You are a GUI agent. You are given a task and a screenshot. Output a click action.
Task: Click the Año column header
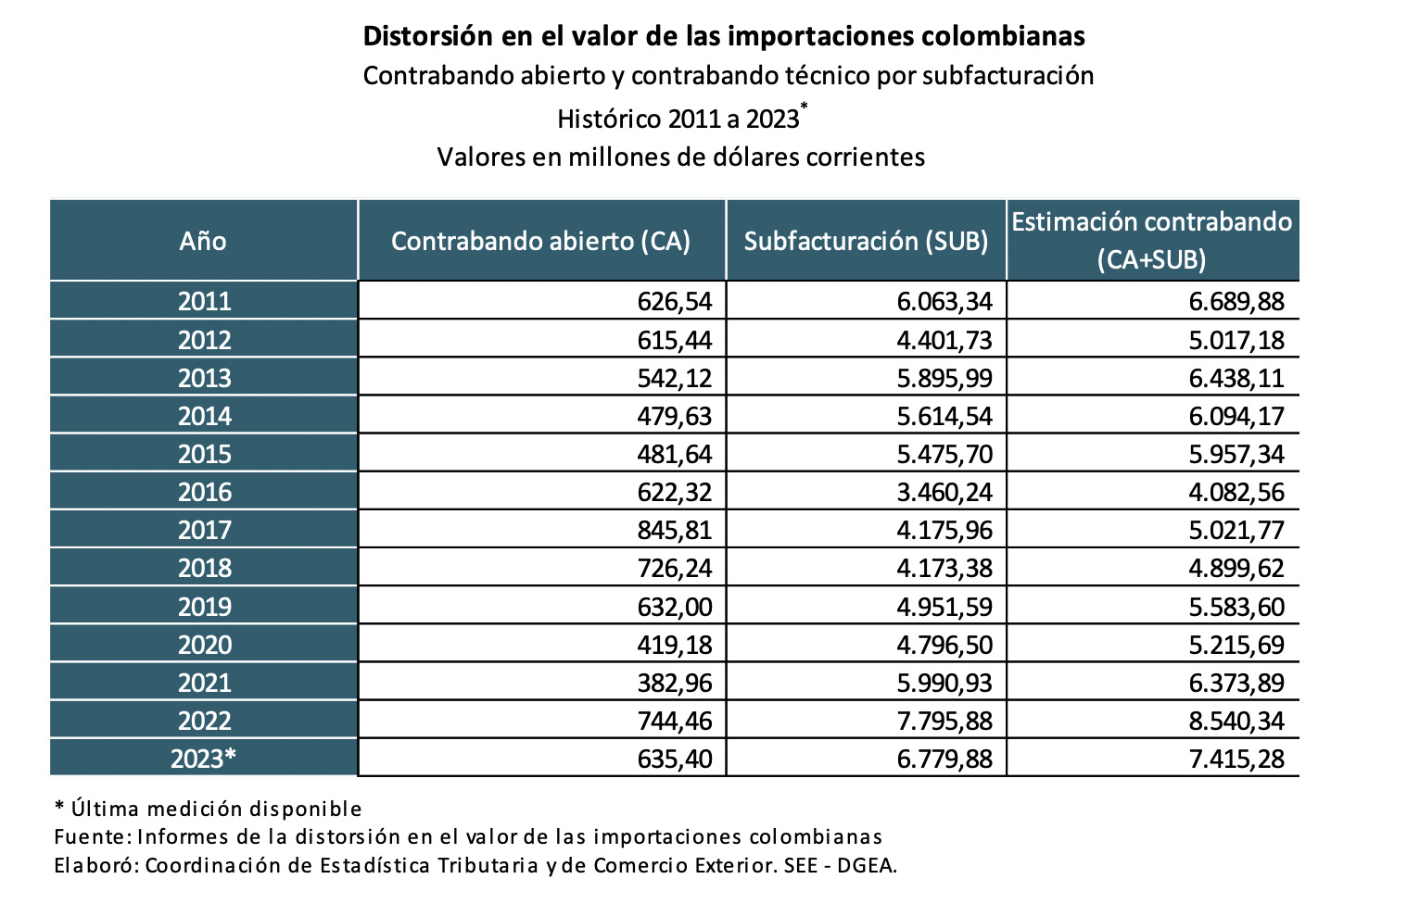pyautogui.click(x=203, y=241)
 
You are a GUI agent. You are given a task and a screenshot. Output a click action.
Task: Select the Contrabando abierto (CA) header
pyautogui.click(x=540, y=241)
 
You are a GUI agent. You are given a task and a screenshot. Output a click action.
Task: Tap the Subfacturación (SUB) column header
pyautogui.click(x=866, y=241)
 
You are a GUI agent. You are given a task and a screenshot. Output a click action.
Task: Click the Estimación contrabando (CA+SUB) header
pyautogui.click(x=1151, y=240)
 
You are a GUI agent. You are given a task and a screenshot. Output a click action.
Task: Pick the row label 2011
pyautogui.click(x=204, y=301)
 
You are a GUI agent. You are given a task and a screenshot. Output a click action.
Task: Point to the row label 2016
pyautogui.click(x=204, y=492)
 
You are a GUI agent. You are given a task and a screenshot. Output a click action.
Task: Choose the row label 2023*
pyautogui.click(x=204, y=759)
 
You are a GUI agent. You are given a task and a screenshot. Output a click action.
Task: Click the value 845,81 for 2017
pyautogui.click(x=675, y=530)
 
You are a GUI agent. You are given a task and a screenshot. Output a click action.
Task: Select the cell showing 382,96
pyautogui.click(x=675, y=683)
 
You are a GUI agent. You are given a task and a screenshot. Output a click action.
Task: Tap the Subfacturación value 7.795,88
pyautogui.click(x=944, y=721)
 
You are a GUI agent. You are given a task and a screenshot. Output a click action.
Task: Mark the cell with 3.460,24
pyautogui.click(x=944, y=492)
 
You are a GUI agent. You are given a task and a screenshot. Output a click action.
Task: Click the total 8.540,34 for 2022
pyautogui.click(x=1236, y=721)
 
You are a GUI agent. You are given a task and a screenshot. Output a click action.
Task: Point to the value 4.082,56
pyautogui.click(x=1236, y=492)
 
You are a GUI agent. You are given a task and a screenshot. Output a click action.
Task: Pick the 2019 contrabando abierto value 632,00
pyautogui.click(x=675, y=607)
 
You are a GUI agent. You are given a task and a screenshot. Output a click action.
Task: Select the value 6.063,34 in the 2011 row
pyautogui.click(x=944, y=301)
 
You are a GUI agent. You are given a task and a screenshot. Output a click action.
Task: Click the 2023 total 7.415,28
pyautogui.click(x=1236, y=759)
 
